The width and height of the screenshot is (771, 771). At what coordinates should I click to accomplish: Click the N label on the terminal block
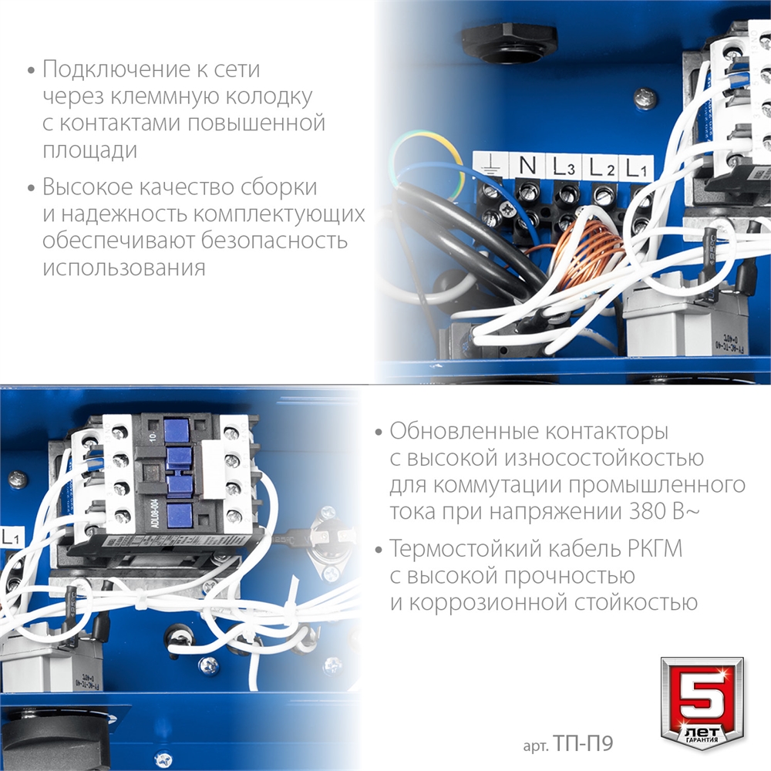[527, 165]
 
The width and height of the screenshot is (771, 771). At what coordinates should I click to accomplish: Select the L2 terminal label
[601, 165]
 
